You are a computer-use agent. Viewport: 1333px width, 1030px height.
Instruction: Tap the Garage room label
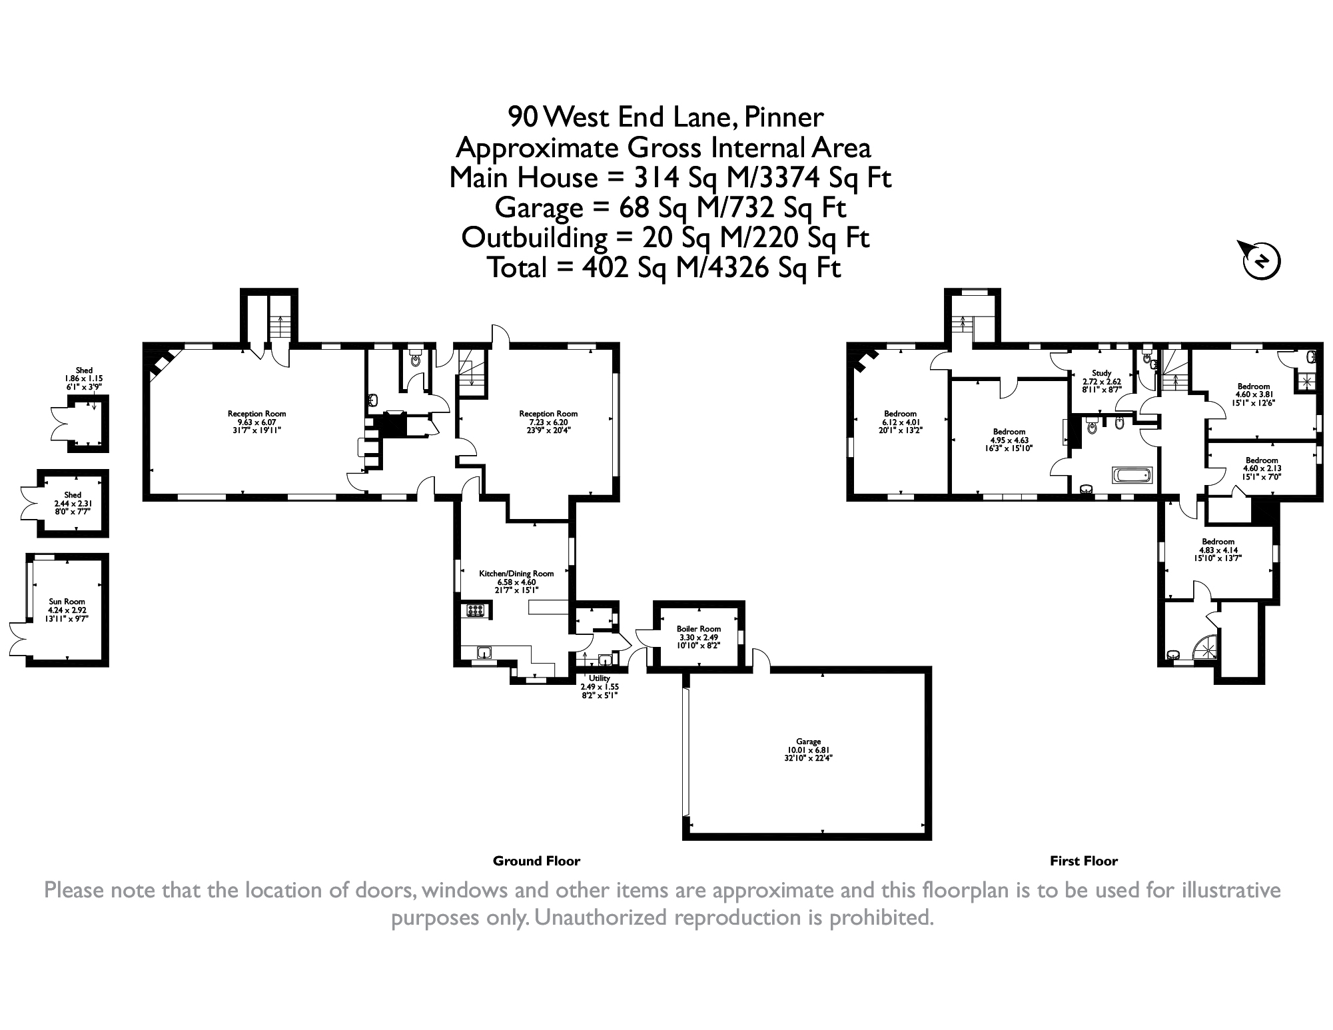pyautogui.click(x=808, y=750)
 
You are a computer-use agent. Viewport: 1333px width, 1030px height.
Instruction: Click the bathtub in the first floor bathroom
pyautogui.click(x=1132, y=476)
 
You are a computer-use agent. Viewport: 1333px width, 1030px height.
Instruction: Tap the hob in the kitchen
pyautogui.click(x=476, y=610)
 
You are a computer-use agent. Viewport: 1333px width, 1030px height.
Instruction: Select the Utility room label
pyautogui.click(x=600, y=687)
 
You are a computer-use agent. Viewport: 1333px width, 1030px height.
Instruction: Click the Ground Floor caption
pyautogui.click(x=536, y=861)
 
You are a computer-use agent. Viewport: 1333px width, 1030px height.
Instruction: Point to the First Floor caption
pyautogui.click(x=1084, y=861)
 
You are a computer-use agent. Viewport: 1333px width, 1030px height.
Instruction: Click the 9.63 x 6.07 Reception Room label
pyautogui.click(x=256, y=422)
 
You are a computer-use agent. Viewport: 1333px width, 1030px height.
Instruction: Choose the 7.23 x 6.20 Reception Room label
pyautogui.click(x=548, y=422)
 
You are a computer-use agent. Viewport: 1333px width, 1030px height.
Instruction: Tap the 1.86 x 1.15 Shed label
pyautogui.click(x=84, y=378)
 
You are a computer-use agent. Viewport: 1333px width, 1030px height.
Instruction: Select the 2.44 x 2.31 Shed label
pyautogui.click(x=73, y=503)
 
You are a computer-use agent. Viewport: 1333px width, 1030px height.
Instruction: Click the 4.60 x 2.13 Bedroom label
pyautogui.click(x=1262, y=468)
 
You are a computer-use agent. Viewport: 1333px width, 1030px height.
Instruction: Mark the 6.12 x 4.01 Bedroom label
pyautogui.click(x=901, y=422)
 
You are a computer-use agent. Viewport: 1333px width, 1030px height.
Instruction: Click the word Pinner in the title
pyautogui.click(x=783, y=118)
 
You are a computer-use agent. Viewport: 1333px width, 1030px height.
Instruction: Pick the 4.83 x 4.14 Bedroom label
pyautogui.click(x=1218, y=550)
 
